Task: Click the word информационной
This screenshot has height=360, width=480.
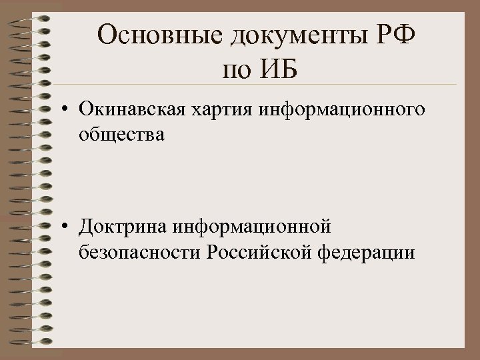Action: (252, 228)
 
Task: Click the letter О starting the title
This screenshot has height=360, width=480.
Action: (107, 35)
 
